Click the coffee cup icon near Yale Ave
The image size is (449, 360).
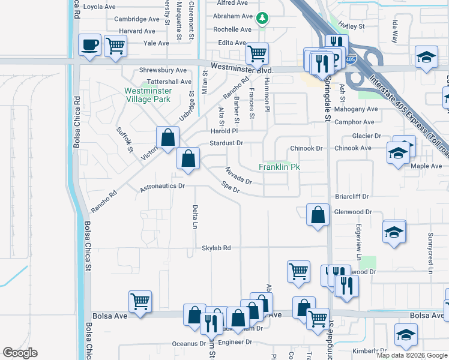90,44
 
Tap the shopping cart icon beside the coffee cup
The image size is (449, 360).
115,46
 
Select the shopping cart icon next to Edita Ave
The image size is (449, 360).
257,53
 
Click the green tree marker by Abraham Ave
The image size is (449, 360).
262,19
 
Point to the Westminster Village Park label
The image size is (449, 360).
148,95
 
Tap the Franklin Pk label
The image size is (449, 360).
279,167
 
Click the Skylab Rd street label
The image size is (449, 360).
216,248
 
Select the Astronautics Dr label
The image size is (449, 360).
163,187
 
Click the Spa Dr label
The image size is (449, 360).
231,187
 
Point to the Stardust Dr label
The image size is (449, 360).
226,143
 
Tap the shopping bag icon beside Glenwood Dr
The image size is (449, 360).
318,214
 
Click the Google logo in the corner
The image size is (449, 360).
20,353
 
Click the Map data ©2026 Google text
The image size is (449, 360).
412,355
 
